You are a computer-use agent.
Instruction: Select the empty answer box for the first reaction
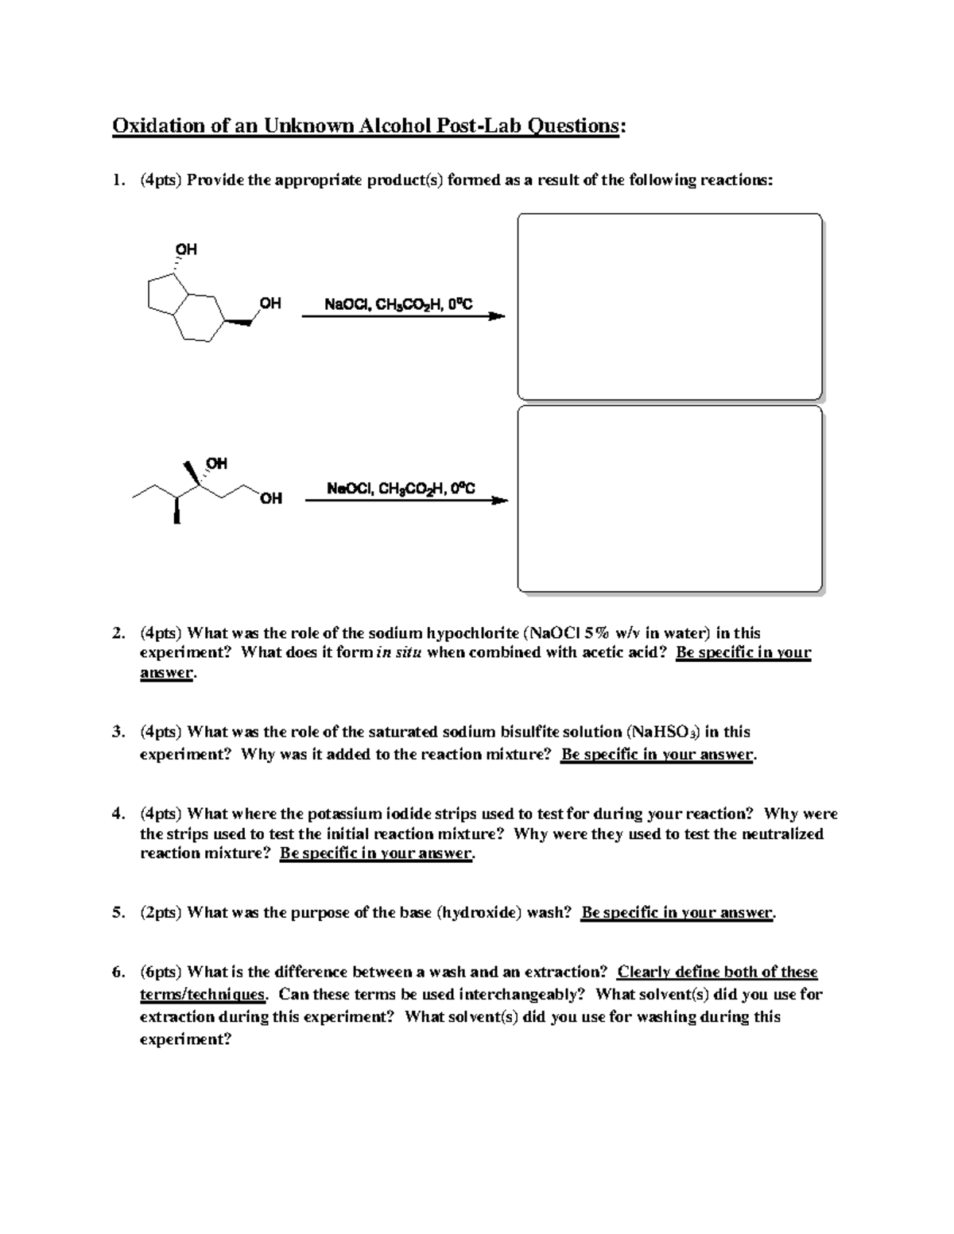[669, 306]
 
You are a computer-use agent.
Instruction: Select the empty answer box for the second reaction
[669, 499]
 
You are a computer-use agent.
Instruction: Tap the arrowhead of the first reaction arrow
[496, 316]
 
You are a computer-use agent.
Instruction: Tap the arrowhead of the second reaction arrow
[499, 501]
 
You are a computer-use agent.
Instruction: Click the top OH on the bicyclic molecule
[186, 250]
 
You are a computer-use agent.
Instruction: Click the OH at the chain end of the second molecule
[270, 499]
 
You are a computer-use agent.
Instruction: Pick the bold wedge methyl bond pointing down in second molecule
[177, 511]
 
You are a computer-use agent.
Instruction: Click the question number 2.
[117, 633]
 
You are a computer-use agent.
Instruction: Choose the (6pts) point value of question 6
[161, 972]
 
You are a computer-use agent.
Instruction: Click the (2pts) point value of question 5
[161, 912]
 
